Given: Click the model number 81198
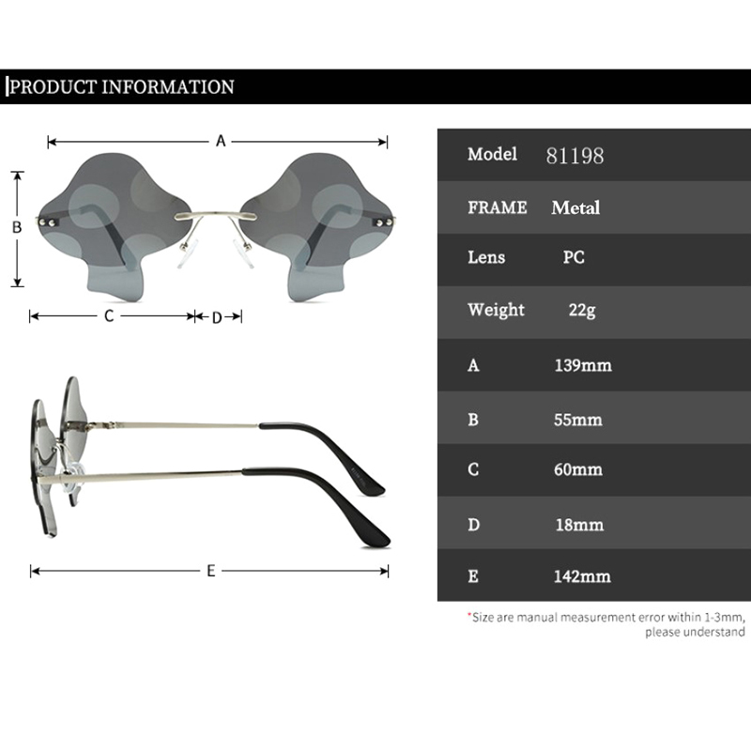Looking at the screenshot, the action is point(575,156).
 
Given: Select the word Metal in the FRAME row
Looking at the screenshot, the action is point(575,207).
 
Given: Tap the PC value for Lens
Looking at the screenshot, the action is point(574,257).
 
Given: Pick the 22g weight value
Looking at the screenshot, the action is point(582,310).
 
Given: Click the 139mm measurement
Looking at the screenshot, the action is point(583,365).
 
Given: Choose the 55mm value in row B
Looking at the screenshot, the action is point(578,420).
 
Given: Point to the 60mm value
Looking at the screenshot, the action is point(578,469).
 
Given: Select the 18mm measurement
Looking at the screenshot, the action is point(579,525).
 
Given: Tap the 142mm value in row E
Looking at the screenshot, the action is point(582,576).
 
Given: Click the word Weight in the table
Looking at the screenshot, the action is point(497,310).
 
